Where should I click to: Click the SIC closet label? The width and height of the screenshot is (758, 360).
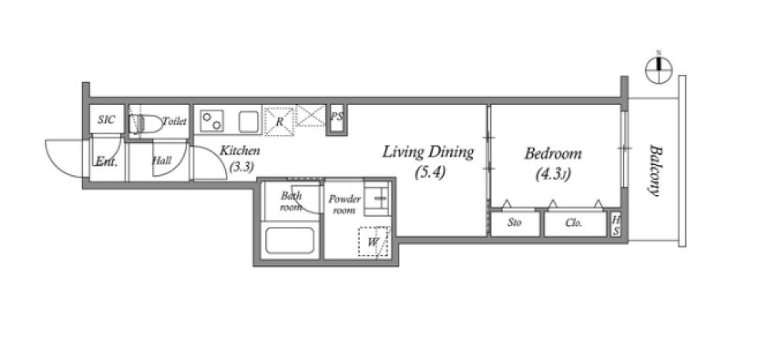107,119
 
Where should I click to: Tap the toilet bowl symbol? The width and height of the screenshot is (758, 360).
147,124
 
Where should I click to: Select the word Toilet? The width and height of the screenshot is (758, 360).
174,121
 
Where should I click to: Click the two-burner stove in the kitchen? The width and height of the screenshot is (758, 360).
212,120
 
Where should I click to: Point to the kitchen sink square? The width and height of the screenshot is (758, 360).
249,122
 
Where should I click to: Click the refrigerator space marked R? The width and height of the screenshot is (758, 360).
280,122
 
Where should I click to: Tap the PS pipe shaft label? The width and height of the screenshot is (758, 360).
337,117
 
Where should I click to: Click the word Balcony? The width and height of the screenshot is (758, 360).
655,170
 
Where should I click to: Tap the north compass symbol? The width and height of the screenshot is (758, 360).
659,69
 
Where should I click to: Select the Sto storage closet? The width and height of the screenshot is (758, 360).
516,223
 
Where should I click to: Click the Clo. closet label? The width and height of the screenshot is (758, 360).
574,223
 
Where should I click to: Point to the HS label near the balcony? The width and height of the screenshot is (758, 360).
616,226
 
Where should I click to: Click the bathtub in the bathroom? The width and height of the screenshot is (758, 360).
290,240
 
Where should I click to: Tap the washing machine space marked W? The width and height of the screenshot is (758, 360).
373,242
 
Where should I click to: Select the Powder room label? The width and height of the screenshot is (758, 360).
344,204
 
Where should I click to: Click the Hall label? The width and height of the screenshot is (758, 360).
161,160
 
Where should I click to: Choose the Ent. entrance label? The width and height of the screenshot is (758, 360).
106,161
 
